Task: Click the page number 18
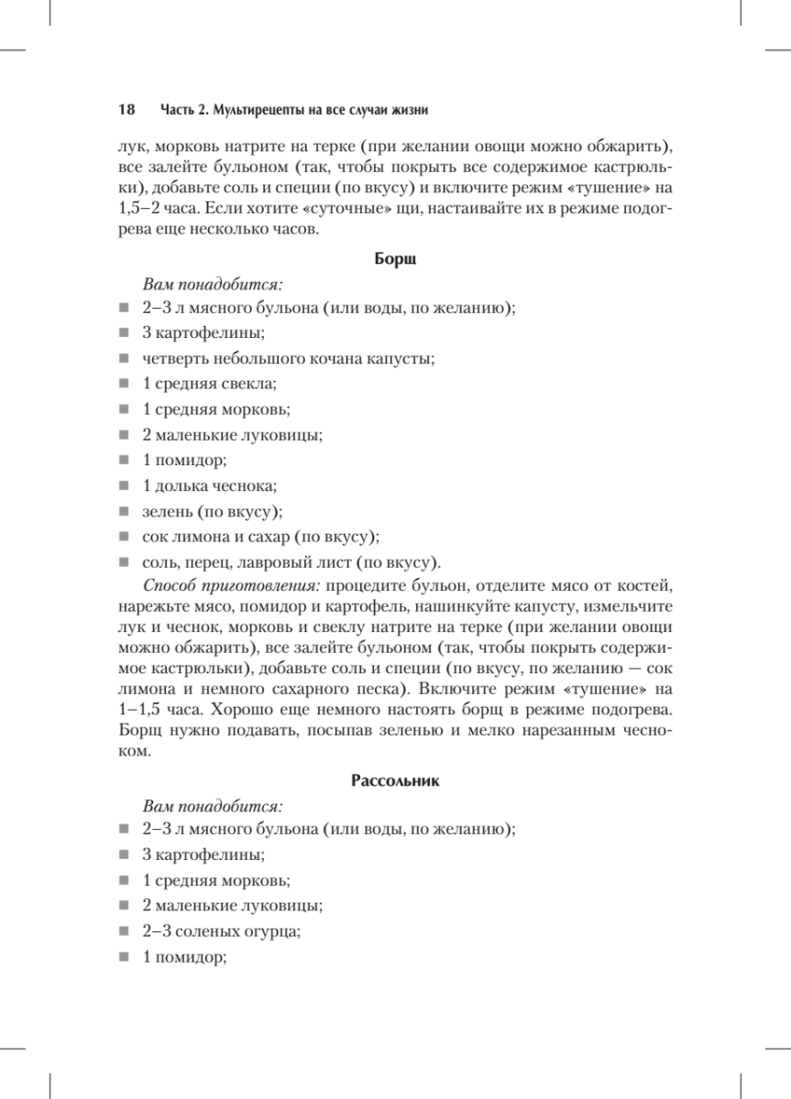(x=126, y=109)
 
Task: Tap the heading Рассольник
(x=396, y=781)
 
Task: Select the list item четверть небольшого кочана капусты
(x=288, y=357)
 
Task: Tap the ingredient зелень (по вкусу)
(x=212, y=511)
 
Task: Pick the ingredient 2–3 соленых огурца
(x=222, y=931)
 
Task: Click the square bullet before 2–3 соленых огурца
(x=124, y=932)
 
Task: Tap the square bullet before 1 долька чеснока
(x=124, y=486)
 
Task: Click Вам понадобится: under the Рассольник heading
(x=214, y=807)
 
